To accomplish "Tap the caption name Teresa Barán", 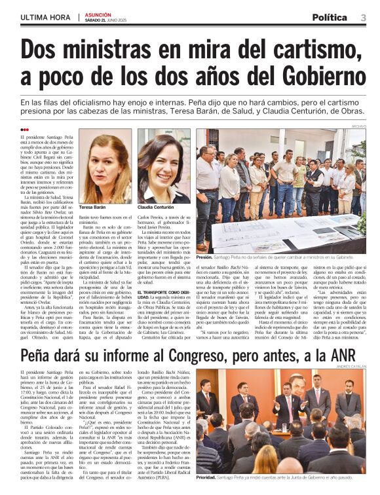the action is pyautogui.click(x=92, y=206).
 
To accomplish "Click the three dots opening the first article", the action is pyautogui.click(x=26, y=130).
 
